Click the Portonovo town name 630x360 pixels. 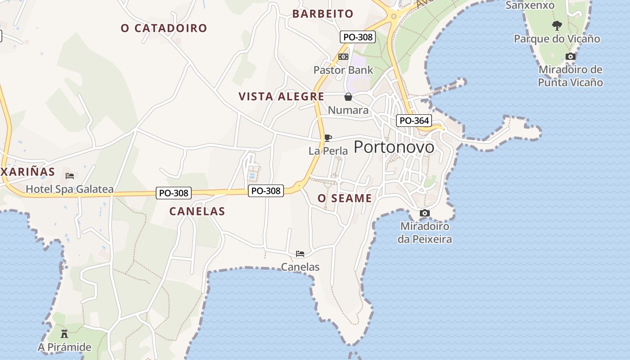[x=394, y=147]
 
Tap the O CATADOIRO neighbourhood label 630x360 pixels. [x=164, y=28]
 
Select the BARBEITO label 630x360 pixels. [x=323, y=14]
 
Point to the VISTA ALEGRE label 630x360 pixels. [x=281, y=97]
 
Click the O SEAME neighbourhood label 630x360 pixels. [x=345, y=198]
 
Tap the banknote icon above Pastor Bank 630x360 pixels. [x=343, y=57]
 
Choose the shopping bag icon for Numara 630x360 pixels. [x=348, y=97]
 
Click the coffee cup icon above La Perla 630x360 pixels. [x=328, y=138]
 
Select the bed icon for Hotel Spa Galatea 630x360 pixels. [x=70, y=175]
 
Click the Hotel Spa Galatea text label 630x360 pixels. [x=70, y=189]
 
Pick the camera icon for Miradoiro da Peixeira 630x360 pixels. [x=424, y=213]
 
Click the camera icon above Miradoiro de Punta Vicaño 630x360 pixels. [x=570, y=56]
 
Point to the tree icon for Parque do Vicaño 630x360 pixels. [x=557, y=25]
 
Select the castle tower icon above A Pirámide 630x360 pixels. [x=64, y=334]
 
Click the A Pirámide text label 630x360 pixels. [x=64, y=347]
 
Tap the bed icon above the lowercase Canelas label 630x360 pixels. [x=300, y=254]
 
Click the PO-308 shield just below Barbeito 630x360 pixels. [x=358, y=37]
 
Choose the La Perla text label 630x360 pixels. [x=328, y=151]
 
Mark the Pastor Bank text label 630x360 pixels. [x=343, y=70]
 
